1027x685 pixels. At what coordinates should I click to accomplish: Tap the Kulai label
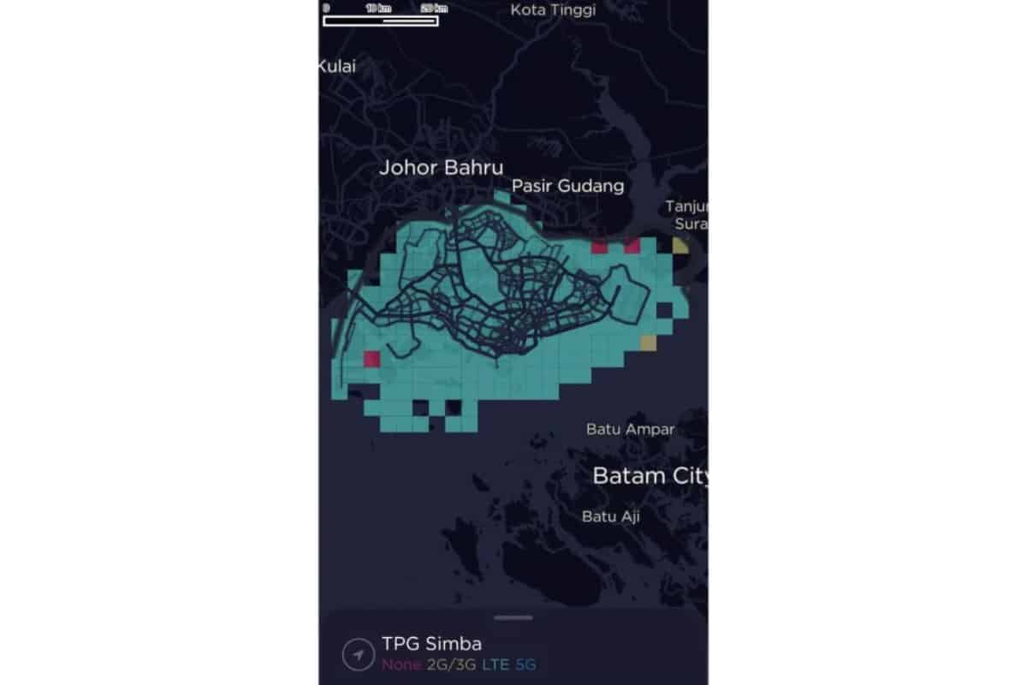pos(337,66)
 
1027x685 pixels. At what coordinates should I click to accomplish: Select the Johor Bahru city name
pos(441,168)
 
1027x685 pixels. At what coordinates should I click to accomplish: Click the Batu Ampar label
pos(630,429)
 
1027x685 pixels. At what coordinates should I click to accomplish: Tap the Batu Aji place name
pos(610,516)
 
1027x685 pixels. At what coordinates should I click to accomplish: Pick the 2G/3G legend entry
pos(453,664)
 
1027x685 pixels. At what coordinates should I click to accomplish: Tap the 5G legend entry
pos(528,664)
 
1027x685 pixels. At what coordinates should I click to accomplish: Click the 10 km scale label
pos(377,8)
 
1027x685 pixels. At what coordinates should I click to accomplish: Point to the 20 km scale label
pos(434,8)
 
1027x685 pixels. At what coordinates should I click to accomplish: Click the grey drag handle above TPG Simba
pos(513,617)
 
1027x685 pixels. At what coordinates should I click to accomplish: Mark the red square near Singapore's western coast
pos(371,359)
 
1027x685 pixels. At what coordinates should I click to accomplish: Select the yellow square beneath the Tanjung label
pos(680,247)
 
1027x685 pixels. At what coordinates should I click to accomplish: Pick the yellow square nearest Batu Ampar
pos(648,343)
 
